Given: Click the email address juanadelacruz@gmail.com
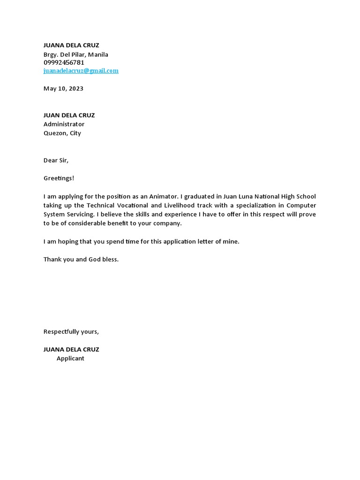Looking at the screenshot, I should (81, 71).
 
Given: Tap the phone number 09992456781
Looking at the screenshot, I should (64, 62).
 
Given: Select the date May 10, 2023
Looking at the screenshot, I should (63, 89).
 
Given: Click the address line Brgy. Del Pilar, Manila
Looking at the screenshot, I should (75, 54).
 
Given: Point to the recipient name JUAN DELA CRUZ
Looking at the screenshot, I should (69, 115).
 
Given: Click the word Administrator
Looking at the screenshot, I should (64, 124).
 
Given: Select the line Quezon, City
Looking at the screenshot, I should (62, 133).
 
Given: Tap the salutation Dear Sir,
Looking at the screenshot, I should (56, 160).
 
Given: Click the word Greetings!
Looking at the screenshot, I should (59, 178).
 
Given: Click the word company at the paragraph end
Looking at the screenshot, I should (166, 223).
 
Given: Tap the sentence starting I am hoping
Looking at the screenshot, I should (141, 241).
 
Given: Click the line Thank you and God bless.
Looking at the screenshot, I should (81, 259).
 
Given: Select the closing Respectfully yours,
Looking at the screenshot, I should (71, 331).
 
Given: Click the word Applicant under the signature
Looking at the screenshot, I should (70, 359).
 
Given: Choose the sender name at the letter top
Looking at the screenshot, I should (71, 45).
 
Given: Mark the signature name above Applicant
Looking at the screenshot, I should (71, 349).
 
